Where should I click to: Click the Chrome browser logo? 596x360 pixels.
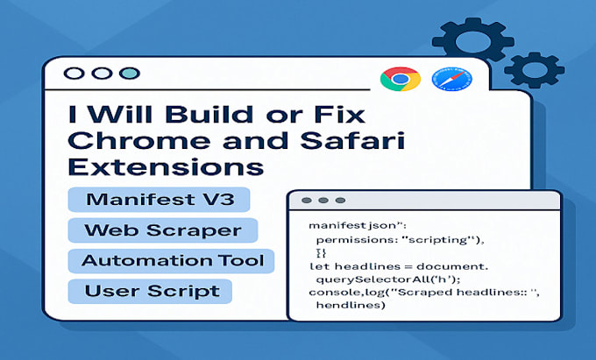coord(401,80)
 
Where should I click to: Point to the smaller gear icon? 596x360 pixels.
coord(534,70)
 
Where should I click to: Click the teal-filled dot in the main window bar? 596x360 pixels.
coord(130,74)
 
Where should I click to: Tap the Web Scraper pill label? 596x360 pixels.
coord(163,230)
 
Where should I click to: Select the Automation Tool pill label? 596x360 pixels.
coord(173,261)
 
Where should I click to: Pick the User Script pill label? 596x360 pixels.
coord(150,292)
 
